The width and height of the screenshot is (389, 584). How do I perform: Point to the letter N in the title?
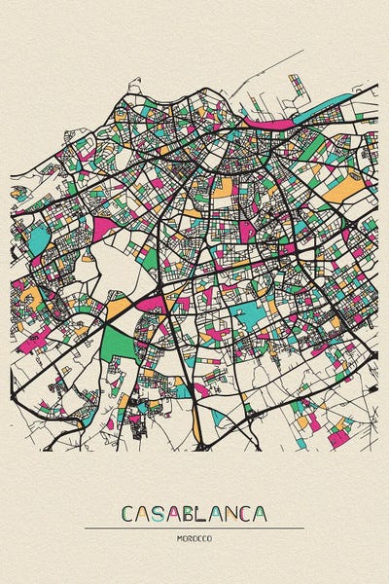coord(234,513)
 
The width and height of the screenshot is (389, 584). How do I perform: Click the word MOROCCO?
coord(194,538)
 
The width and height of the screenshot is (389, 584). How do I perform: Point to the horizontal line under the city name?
coord(194,529)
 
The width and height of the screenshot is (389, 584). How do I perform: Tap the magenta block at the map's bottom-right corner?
coord(337,439)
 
